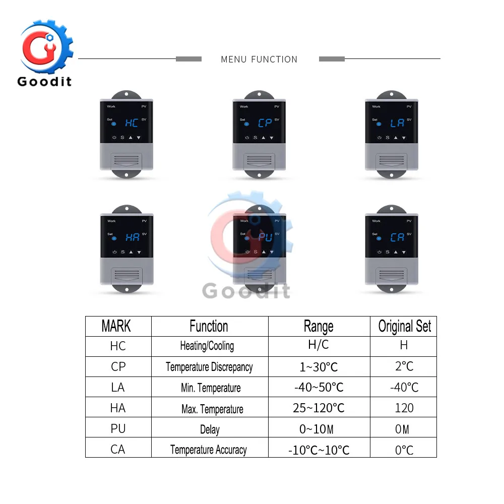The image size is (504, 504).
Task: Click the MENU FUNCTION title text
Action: point(259,59)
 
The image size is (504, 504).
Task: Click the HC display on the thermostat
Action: point(132,122)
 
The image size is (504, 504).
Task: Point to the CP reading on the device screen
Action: point(265,122)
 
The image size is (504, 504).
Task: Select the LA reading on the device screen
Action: point(397,122)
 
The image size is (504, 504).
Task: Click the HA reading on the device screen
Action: point(133,237)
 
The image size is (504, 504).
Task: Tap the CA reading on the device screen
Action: point(397,237)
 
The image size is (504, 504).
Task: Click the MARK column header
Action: point(116,326)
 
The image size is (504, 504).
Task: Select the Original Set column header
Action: point(404,326)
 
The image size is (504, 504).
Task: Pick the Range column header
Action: point(319,326)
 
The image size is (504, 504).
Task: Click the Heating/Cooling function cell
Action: point(207,346)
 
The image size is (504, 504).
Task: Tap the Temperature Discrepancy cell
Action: point(209,367)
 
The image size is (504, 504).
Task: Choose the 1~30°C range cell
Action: point(319,367)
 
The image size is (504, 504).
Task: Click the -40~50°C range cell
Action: point(319,387)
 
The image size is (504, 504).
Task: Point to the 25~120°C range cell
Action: point(319,408)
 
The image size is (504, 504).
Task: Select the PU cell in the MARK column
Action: point(118,428)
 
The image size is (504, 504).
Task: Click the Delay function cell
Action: point(209,429)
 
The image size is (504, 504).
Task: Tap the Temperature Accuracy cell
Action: point(209,450)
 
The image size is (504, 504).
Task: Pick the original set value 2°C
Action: point(404,366)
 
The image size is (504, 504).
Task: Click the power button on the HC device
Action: point(114,138)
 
